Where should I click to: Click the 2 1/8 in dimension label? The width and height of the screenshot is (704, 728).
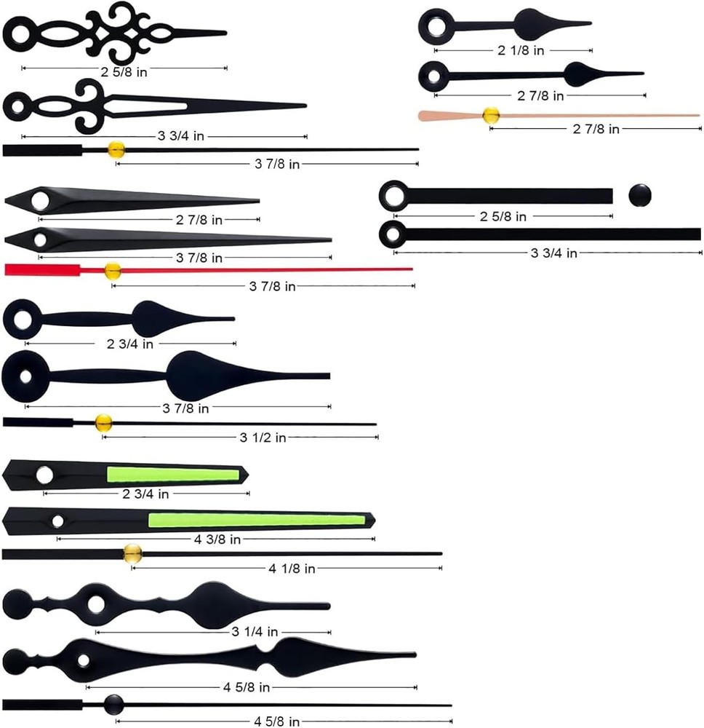point(520,50)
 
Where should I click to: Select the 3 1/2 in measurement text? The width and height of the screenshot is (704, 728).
point(263,438)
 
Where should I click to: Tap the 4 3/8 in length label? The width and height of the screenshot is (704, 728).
point(217,539)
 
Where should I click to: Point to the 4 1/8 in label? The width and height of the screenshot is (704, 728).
point(292,569)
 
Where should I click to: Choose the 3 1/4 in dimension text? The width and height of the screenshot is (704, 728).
point(255,631)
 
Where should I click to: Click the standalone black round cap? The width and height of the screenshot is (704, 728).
point(639,195)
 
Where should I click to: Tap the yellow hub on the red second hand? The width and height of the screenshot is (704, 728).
point(112,270)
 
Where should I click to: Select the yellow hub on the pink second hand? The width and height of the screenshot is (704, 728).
point(491,115)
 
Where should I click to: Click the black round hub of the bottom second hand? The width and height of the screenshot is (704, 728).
point(113,705)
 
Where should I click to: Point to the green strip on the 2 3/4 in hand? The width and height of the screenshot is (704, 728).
point(173,475)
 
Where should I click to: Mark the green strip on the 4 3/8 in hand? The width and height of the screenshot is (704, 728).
point(257,520)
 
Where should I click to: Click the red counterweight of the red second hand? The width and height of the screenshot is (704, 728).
point(42,270)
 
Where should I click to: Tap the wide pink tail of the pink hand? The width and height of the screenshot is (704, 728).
point(450,116)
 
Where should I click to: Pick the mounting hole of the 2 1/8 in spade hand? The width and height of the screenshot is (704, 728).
point(436,25)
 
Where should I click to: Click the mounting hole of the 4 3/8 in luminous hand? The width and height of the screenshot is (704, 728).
point(57,521)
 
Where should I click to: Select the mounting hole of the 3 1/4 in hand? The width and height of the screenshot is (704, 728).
point(96,604)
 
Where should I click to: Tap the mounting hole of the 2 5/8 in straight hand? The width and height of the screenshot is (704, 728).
point(393,195)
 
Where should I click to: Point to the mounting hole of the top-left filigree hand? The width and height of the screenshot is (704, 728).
point(20,35)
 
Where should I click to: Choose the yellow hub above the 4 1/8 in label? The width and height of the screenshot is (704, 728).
point(132,553)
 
